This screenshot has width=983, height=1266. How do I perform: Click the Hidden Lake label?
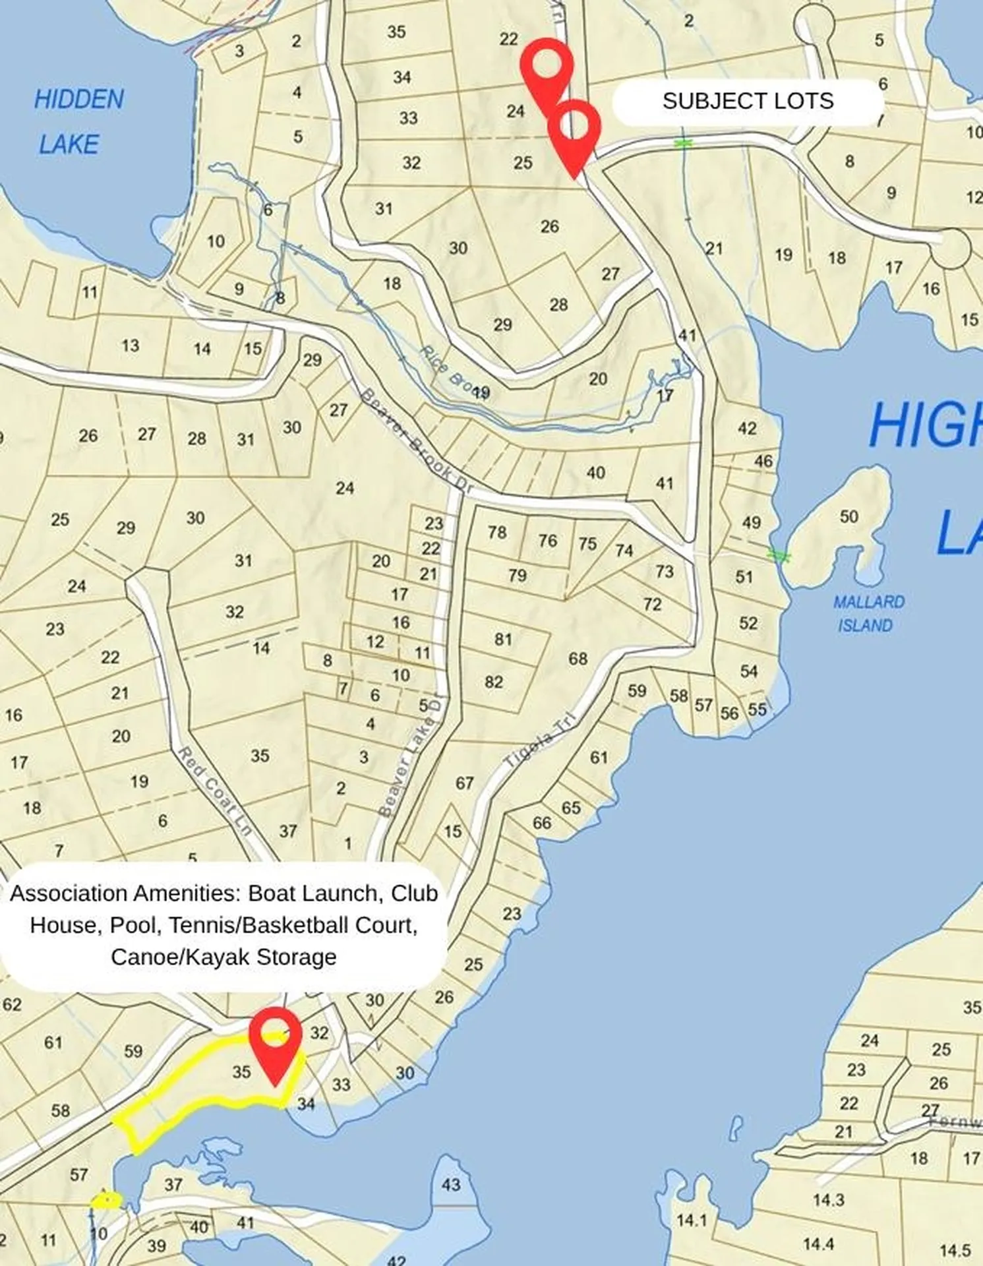pos(78,122)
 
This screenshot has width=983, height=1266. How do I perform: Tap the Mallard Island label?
pos(868,613)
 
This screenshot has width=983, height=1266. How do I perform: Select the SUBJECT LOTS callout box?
pos(748,102)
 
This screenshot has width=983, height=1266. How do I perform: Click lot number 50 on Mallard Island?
pos(849,516)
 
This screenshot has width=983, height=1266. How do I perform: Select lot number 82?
pos(494,682)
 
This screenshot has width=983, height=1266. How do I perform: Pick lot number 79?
pos(518,576)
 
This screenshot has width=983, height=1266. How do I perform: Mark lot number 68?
pos(578,659)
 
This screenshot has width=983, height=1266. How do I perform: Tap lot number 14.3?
pos(828,1200)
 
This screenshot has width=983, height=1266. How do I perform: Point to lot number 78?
pos(497,531)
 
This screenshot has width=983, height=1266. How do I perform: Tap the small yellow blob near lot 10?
pos(106,1199)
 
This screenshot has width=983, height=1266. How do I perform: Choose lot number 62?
pos(12,1004)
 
